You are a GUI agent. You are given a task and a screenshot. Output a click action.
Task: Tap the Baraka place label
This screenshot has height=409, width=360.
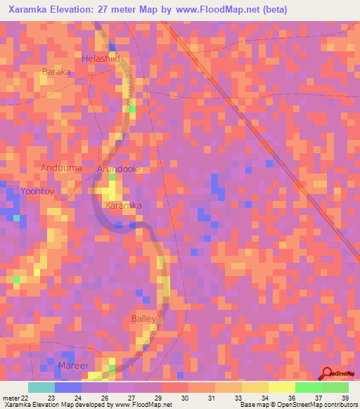(x=57, y=72)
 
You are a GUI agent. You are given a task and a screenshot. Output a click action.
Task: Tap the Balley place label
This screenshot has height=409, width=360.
(x=144, y=319)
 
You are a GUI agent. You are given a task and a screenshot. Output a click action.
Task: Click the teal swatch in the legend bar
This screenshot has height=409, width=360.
(x=41, y=387)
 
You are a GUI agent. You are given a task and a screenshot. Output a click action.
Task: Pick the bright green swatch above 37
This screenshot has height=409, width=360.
(x=309, y=387)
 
